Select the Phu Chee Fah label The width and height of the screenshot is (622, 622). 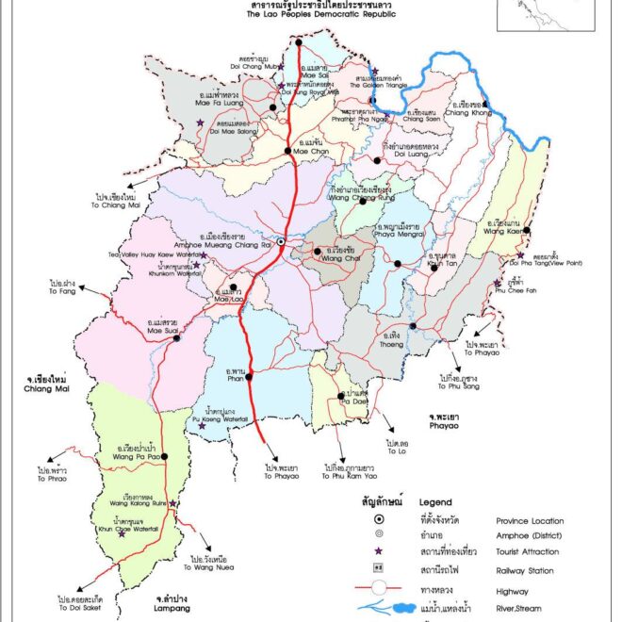[x=510, y=292]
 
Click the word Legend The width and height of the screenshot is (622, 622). [x=436, y=502]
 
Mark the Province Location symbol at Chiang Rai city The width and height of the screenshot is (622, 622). [x=280, y=243]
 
